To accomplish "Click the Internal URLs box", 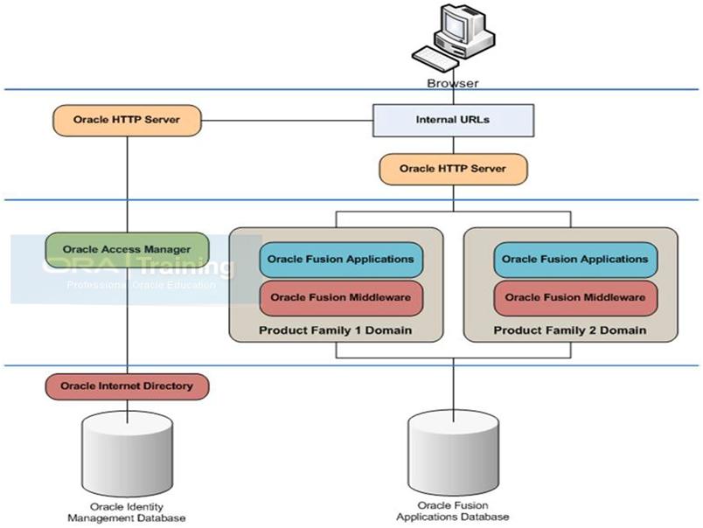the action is point(453,120).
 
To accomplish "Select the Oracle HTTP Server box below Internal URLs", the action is point(453,169).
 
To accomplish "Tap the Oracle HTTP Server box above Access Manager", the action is point(127,120).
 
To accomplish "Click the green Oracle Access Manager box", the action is point(128,250).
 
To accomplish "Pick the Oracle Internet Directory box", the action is point(128,386).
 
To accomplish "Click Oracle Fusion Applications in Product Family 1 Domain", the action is point(341,260).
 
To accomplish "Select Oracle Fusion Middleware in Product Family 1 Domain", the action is point(341,297).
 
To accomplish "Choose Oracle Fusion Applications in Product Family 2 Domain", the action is point(575,260).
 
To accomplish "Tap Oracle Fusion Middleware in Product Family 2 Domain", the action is point(575,297).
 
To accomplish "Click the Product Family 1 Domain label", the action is point(336,330).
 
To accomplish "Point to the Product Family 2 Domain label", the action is point(570,330).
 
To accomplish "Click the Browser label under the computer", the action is point(452,83).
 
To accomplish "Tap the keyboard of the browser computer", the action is point(435,58).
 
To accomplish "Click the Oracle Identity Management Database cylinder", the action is point(128,452).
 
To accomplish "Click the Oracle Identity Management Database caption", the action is point(127,512).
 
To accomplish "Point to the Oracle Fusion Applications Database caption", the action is point(453,511).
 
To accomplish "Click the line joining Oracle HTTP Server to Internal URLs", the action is point(287,121).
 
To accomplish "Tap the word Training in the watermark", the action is point(186,267).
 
